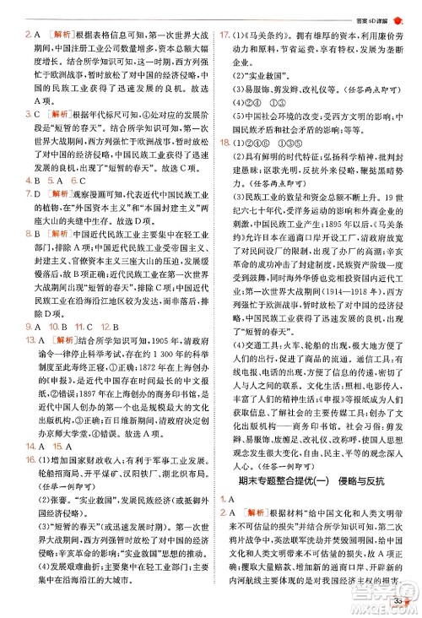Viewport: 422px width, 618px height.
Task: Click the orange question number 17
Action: [225, 36]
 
